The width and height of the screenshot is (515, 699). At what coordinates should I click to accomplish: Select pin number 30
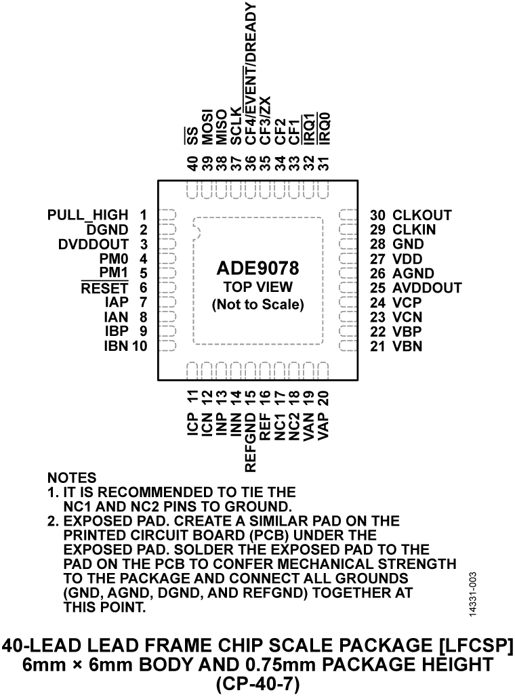click(x=377, y=216)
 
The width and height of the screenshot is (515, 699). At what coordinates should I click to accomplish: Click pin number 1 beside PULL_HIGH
click(x=142, y=216)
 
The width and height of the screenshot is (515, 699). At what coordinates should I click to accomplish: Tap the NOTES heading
click(x=72, y=478)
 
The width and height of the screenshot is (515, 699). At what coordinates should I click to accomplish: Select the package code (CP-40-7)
click(x=257, y=684)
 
